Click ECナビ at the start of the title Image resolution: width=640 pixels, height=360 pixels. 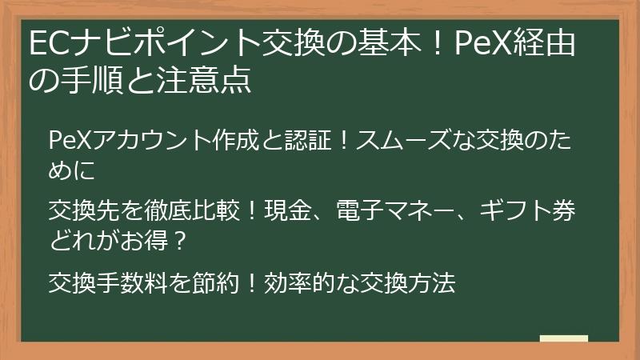click(x=73, y=42)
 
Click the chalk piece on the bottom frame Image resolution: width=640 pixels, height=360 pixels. click(x=563, y=338)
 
